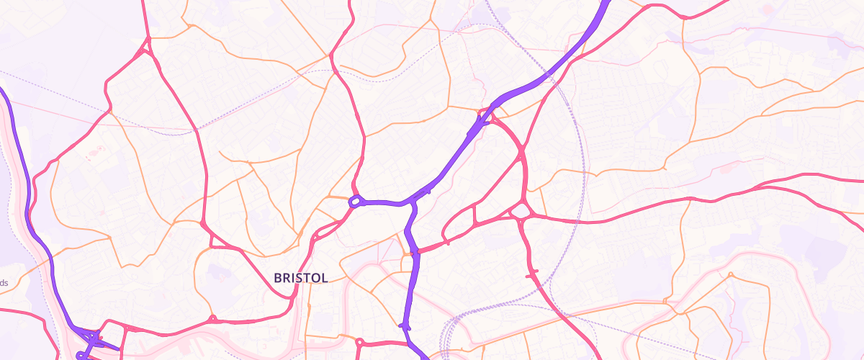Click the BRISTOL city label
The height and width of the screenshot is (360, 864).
[x=301, y=278]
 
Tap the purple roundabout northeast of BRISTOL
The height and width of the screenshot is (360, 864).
[x=355, y=202]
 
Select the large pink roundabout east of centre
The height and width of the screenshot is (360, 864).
[x=520, y=211]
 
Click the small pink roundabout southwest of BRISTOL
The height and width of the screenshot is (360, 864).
[x=212, y=318]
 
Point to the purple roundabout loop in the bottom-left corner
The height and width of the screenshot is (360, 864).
[x=81, y=356]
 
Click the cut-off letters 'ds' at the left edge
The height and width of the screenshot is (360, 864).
[x=4, y=283]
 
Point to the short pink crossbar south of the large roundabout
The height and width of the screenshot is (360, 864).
[x=532, y=274]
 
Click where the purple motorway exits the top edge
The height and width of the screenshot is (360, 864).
[x=603, y=3]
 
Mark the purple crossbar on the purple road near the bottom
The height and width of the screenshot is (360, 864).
[x=405, y=326]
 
